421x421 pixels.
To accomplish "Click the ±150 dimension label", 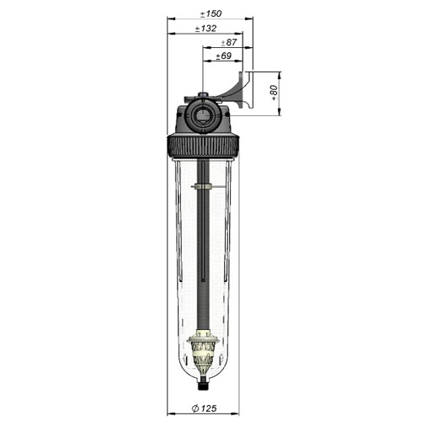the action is click(210, 13).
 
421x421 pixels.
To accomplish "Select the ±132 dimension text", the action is click(205, 29).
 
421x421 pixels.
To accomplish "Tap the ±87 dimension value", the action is click(229, 42).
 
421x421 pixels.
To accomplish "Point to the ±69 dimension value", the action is click(224, 56).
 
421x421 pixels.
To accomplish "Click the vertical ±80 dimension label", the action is click(274, 93).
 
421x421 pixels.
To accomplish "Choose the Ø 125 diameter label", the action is click(205, 408).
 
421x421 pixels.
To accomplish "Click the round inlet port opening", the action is click(202, 115).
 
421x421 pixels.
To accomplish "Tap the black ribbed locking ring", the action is click(203, 146).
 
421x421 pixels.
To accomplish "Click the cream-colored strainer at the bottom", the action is click(202, 352).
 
